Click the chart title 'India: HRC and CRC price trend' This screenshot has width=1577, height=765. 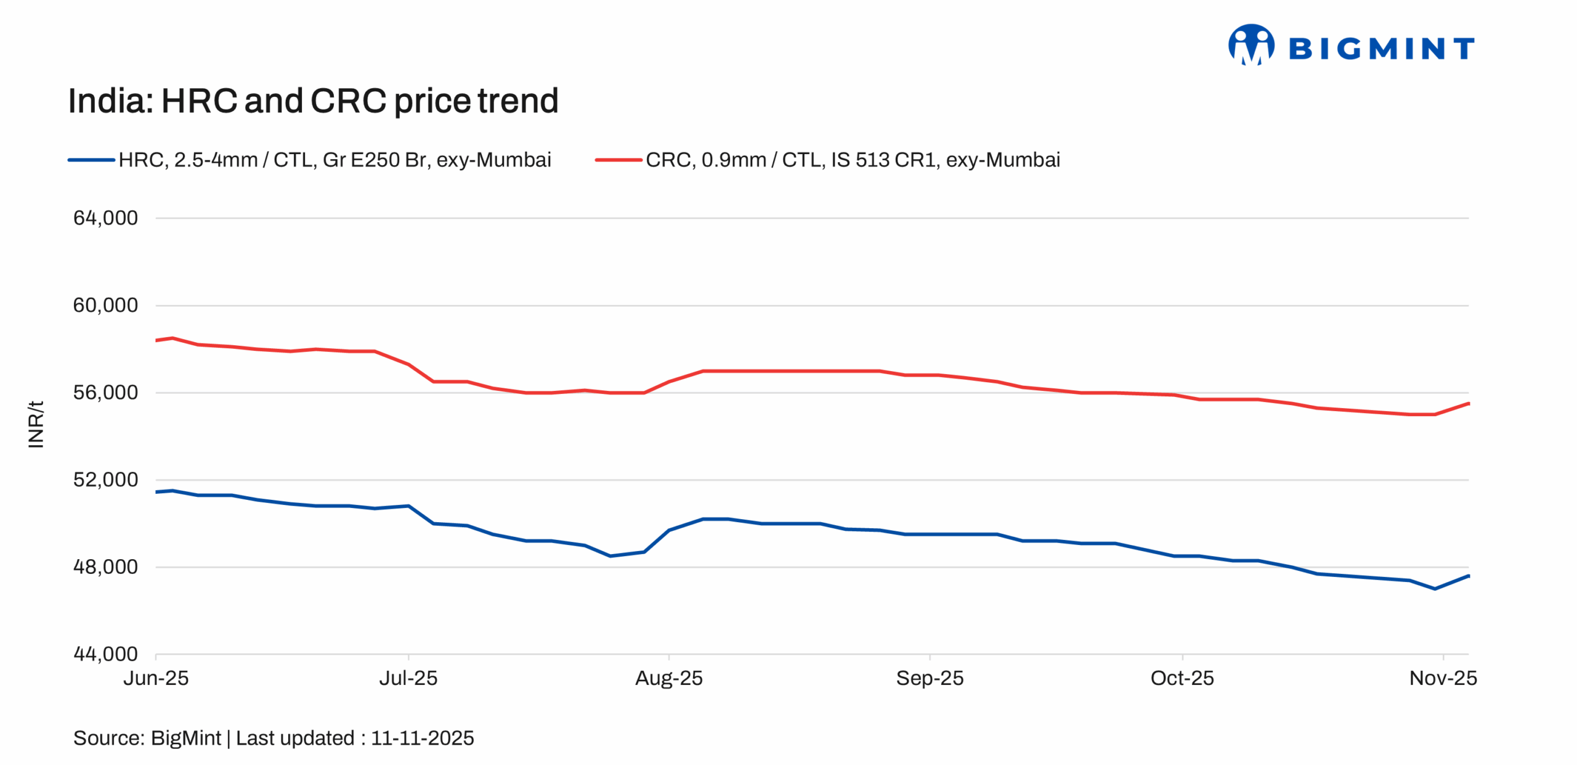click(x=312, y=101)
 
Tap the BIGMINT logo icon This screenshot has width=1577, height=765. click(x=1251, y=44)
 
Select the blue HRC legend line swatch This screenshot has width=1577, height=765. click(x=91, y=160)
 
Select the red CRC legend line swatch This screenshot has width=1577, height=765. click(x=618, y=160)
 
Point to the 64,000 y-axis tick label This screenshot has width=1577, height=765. click(x=105, y=218)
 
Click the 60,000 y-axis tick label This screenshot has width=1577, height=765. click(x=105, y=305)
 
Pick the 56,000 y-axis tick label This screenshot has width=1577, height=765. click(x=105, y=393)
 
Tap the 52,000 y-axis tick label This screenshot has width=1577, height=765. click(x=105, y=480)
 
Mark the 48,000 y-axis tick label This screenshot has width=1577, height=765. click(x=105, y=567)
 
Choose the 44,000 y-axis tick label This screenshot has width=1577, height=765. click(x=105, y=654)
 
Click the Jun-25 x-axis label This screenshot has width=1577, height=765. click(x=156, y=679)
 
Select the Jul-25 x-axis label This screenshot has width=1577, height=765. click(x=408, y=679)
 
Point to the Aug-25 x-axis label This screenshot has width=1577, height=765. click(x=668, y=679)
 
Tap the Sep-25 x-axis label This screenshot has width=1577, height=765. click(x=930, y=679)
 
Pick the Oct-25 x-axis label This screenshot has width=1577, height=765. click(x=1182, y=679)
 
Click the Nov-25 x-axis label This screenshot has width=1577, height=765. click(x=1443, y=679)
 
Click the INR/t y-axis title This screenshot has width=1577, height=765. click(x=36, y=424)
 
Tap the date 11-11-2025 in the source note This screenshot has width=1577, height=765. click(x=422, y=738)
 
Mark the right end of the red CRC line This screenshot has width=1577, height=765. click(x=1468, y=404)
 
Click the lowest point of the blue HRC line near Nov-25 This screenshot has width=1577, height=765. click(x=1435, y=589)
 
